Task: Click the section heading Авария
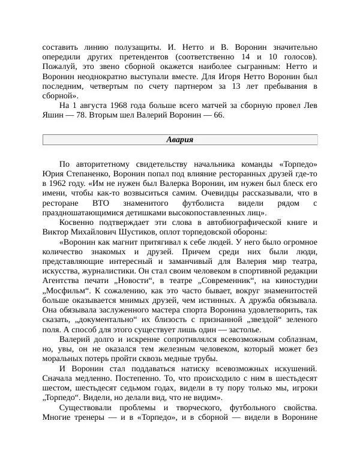tap(179, 140)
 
